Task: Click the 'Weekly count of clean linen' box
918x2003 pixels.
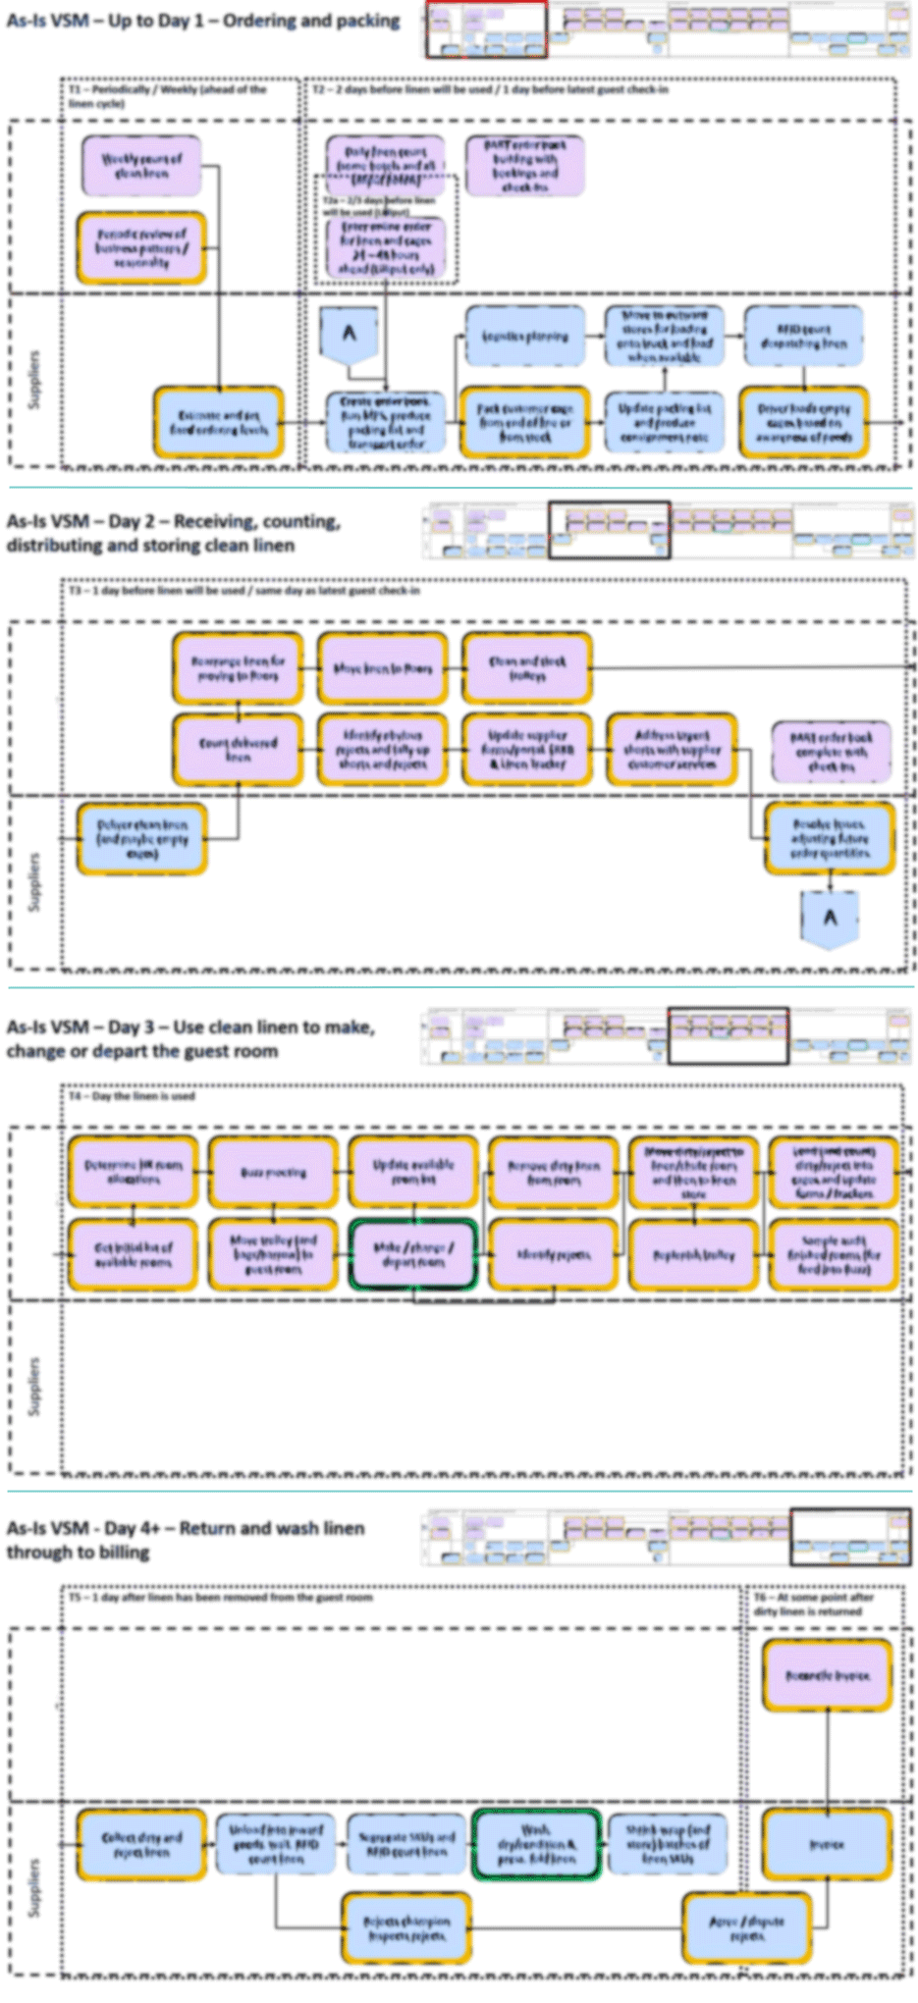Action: click(x=141, y=164)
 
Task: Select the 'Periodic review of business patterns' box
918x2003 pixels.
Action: click(x=141, y=248)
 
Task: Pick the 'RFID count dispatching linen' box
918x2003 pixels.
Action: click(x=803, y=336)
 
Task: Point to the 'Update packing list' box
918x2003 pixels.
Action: click(x=665, y=421)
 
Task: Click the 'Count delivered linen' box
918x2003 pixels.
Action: click(x=239, y=750)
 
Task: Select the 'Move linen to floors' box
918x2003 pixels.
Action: click(x=382, y=669)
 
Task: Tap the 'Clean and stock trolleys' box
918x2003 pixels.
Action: click(x=527, y=669)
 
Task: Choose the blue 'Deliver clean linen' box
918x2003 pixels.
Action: click(x=141, y=839)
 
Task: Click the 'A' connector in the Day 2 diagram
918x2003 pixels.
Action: click(x=830, y=920)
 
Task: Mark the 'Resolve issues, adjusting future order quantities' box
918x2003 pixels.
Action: click(x=830, y=839)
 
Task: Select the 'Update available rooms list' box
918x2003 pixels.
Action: click(x=413, y=1171)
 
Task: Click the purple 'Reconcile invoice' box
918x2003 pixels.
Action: click(x=827, y=1676)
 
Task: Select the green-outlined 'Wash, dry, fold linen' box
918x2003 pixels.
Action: click(x=536, y=1845)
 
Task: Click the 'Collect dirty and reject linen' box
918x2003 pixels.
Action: click(x=141, y=1845)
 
